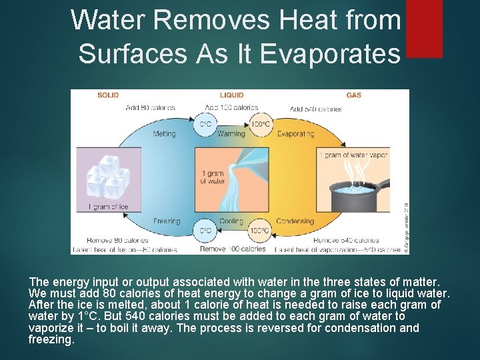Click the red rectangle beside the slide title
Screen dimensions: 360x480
click(424, 28)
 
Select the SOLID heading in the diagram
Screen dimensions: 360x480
click(108, 95)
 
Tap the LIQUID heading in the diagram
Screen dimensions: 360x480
click(231, 95)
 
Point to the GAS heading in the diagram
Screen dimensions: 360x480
click(353, 95)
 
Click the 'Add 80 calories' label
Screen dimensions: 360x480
click(150, 107)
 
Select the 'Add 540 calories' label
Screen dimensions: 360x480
click(315, 109)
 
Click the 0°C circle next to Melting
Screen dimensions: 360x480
click(206, 124)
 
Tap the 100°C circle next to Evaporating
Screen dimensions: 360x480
click(260, 124)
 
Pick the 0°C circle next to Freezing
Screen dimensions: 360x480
click(206, 231)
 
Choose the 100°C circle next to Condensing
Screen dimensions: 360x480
click(260, 231)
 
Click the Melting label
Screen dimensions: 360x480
click(165, 134)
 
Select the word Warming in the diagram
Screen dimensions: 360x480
click(231, 134)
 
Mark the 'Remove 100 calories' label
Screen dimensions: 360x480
click(233, 249)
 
